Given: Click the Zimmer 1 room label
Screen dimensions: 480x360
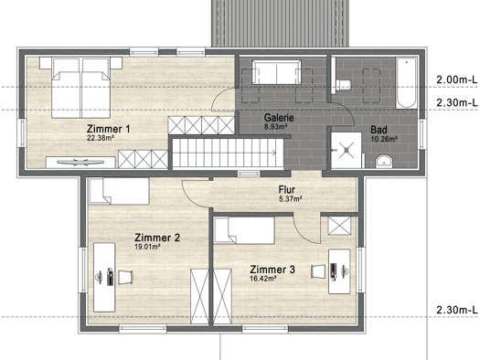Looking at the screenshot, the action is [109, 129].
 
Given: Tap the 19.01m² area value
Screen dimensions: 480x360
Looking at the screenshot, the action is [147, 247].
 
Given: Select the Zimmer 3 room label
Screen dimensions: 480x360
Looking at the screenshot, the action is [272, 270].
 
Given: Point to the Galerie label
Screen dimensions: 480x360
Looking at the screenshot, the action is [279, 118].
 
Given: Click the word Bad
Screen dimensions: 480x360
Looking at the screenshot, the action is [379, 130].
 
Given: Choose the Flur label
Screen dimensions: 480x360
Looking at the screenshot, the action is [287, 190].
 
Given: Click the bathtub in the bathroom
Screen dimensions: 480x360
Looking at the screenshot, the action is [406, 82].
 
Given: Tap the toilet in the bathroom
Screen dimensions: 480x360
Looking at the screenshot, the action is [343, 85].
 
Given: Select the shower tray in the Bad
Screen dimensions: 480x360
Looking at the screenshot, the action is [347, 150].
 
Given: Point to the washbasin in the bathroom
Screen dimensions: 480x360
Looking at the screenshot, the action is [384, 162].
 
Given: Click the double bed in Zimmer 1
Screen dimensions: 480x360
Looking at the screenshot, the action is [80, 88].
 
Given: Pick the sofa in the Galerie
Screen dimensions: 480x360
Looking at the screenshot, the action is [276, 72].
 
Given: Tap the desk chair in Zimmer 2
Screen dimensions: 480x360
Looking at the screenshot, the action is [125, 277].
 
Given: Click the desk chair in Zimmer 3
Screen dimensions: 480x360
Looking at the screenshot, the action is [318, 271].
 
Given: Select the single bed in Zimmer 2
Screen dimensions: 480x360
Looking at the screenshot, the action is [119, 191].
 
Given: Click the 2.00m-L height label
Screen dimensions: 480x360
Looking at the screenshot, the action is [457, 79].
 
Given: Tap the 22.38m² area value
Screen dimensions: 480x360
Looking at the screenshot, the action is [101, 138].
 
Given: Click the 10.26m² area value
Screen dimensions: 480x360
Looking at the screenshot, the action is [384, 139].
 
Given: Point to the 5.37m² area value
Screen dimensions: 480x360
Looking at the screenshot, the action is [291, 199].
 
